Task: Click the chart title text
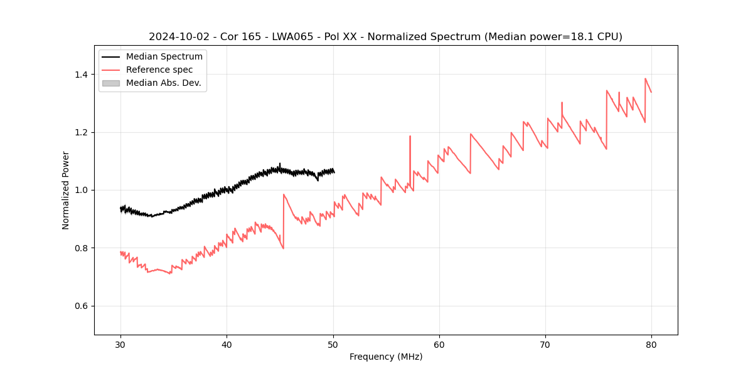click(385, 37)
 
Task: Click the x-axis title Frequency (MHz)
click(386, 357)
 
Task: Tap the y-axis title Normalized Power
click(66, 190)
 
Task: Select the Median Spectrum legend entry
click(164, 57)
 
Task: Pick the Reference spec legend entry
click(159, 70)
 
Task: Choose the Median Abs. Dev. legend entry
click(163, 83)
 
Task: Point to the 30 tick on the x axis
click(121, 344)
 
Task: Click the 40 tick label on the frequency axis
click(227, 344)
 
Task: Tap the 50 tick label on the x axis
click(333, 344)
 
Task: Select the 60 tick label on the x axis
click(439, 344)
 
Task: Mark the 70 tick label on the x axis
click(545, 344)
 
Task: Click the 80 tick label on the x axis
click(651, 344)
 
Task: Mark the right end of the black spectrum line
click(334, 172)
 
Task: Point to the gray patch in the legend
click(111, 83)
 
